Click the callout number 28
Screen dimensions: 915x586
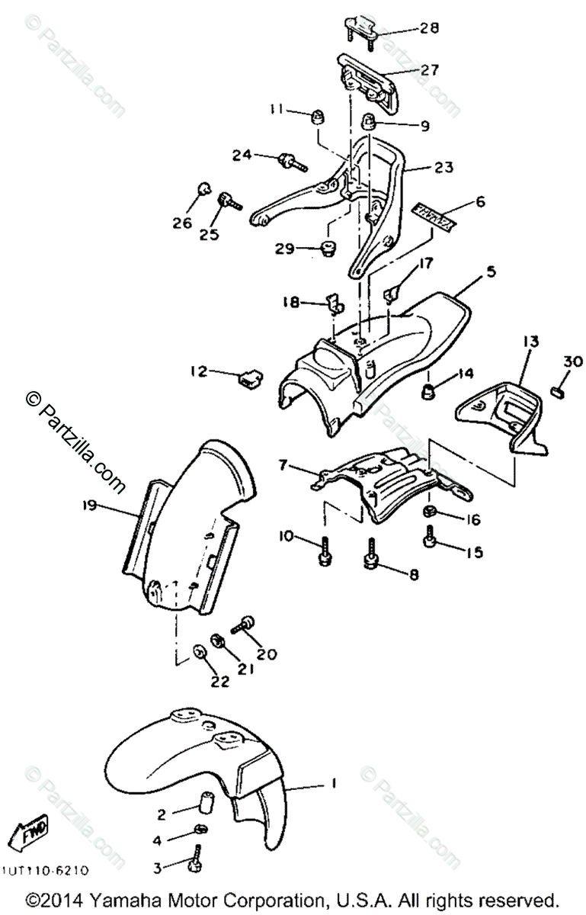coord(429,29)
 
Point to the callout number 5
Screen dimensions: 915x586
coord(491,271)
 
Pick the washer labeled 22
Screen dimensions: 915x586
coord(200,653)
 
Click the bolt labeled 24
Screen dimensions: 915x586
coord(290,160)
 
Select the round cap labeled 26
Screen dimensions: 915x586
coord(203,188)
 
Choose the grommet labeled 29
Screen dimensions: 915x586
coord(330,248)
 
